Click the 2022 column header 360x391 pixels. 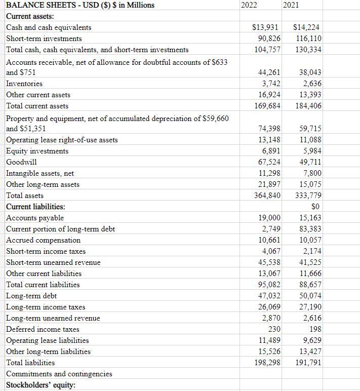tap(249, 5)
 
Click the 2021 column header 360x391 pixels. tap(291, 5)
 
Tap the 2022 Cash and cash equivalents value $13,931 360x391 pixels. tap(266, 27)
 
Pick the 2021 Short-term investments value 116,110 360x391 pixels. tap(307, 38)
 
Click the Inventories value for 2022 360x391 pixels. tap(270, 84)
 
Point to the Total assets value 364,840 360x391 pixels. tap(267, 195)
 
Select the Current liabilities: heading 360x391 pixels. tap(35, 207)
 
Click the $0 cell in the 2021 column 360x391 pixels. tap(315, 207)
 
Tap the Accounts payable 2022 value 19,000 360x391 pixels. tap(269, 218)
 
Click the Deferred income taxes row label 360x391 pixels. tap(43, 329)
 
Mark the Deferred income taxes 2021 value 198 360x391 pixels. tap(314, 329)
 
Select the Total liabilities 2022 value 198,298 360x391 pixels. tap(267, 363)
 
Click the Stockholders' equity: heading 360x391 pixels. tap(40, 385)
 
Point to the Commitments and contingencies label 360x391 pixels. tap(59, 374)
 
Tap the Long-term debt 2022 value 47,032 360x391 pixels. tap(269, 296)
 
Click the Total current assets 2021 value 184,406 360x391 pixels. tap(308, 106)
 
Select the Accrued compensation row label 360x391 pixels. tap(43, 240)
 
